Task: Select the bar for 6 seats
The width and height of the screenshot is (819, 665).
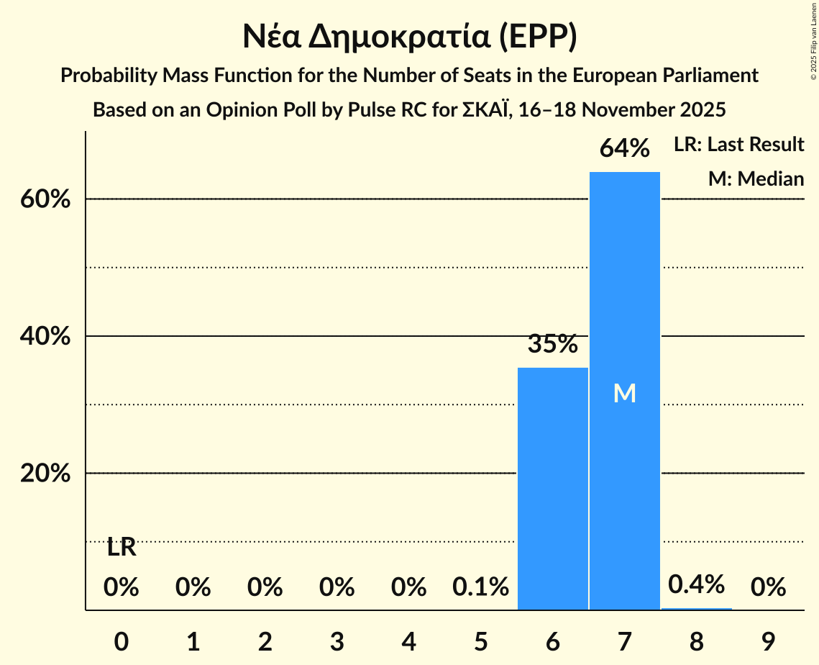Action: (552, 489)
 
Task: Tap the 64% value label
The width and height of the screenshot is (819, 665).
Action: (624, 149)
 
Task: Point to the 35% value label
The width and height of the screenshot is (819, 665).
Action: (552, 345)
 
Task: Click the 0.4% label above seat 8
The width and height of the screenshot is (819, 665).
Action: (696, 584)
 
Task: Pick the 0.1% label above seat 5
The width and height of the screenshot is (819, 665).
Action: (480, 588)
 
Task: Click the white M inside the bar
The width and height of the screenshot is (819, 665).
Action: (624, 393)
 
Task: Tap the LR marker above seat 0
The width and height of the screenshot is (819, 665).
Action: (122, 548)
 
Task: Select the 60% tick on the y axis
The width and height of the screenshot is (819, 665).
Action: (45, 199)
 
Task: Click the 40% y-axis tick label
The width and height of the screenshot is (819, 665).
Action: (45, 337)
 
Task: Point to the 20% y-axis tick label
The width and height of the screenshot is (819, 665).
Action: (45, 474)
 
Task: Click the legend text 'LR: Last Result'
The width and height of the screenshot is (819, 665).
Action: (738, 145)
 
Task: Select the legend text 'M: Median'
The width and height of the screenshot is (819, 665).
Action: (756, 178)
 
